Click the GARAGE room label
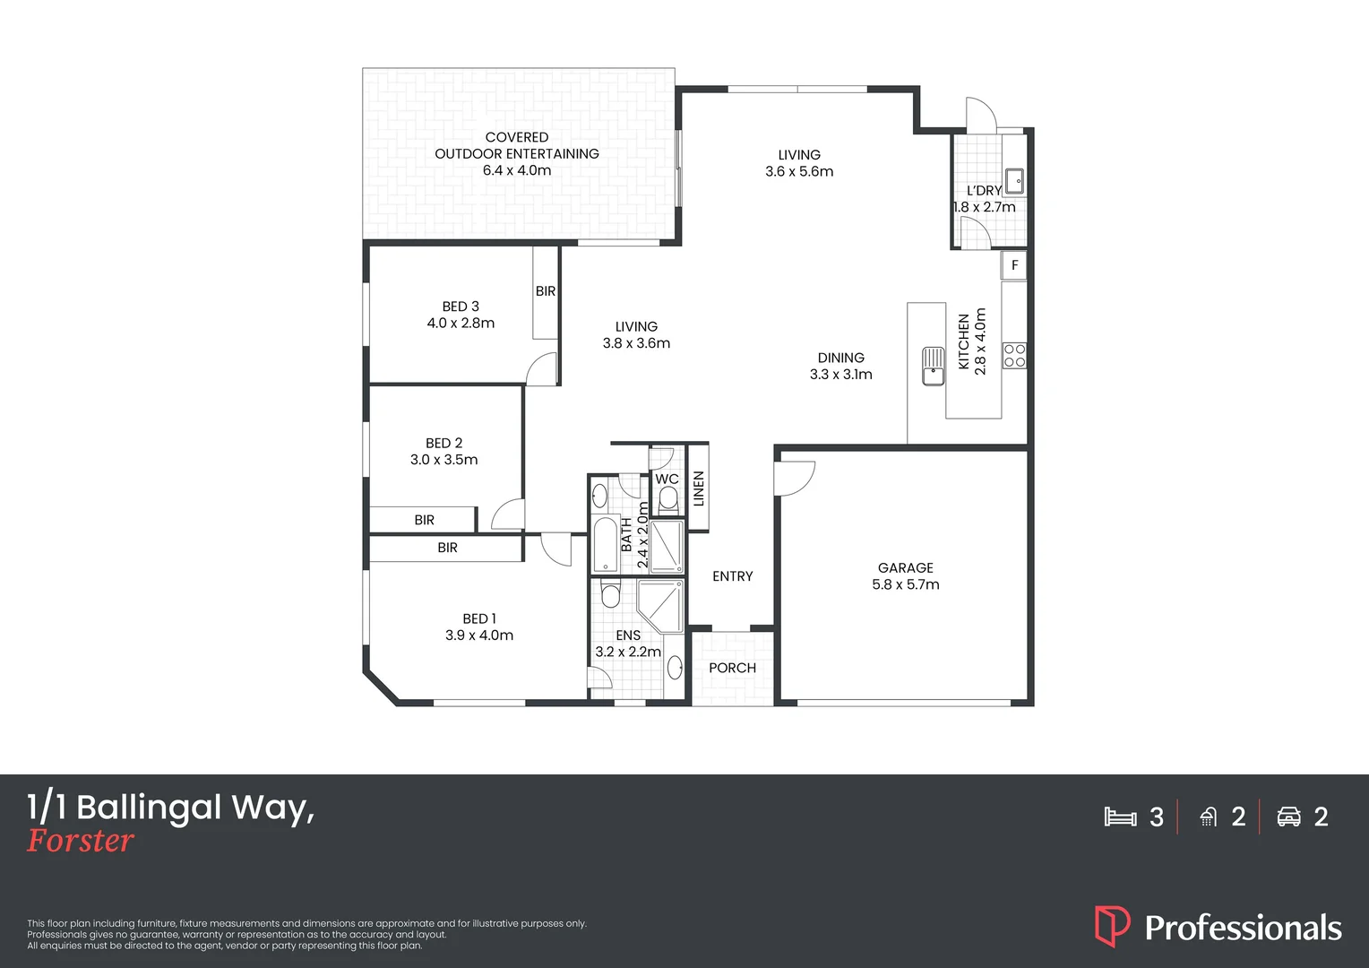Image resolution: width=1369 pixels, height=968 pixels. [x=905, y=568]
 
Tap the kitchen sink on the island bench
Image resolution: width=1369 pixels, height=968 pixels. [x=933, y=365]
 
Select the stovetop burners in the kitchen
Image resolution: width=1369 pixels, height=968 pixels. [x=1014, y=355]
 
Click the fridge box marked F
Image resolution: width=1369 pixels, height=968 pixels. [x=1014, y=265]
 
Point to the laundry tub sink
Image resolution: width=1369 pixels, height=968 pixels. [x=1014, y=182]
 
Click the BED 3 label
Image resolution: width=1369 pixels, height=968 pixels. [x=461, y=307]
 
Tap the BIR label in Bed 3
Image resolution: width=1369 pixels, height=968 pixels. [x=546, y=291]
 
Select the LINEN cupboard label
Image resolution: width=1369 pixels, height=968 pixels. [x=699, y=488]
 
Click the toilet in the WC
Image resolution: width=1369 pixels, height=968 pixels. [x=667, y=500]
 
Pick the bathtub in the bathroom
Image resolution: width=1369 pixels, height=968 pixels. [x=606, y=544]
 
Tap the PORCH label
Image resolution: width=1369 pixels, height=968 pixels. [x=732, y=668]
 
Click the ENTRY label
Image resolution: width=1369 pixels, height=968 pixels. [x=732, y=576]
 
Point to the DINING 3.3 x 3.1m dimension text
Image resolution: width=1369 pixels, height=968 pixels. [x=840, y=375]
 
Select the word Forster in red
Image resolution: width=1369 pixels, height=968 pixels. [x=81, y=841]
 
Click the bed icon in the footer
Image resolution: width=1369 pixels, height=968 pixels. [x=1120, y=817]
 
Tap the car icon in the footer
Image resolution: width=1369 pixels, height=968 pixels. [x=1288, y=817]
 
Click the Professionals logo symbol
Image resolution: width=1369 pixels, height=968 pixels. [x=1112, y=926]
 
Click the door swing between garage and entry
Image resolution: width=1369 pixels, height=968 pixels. [x=796, y=477]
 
